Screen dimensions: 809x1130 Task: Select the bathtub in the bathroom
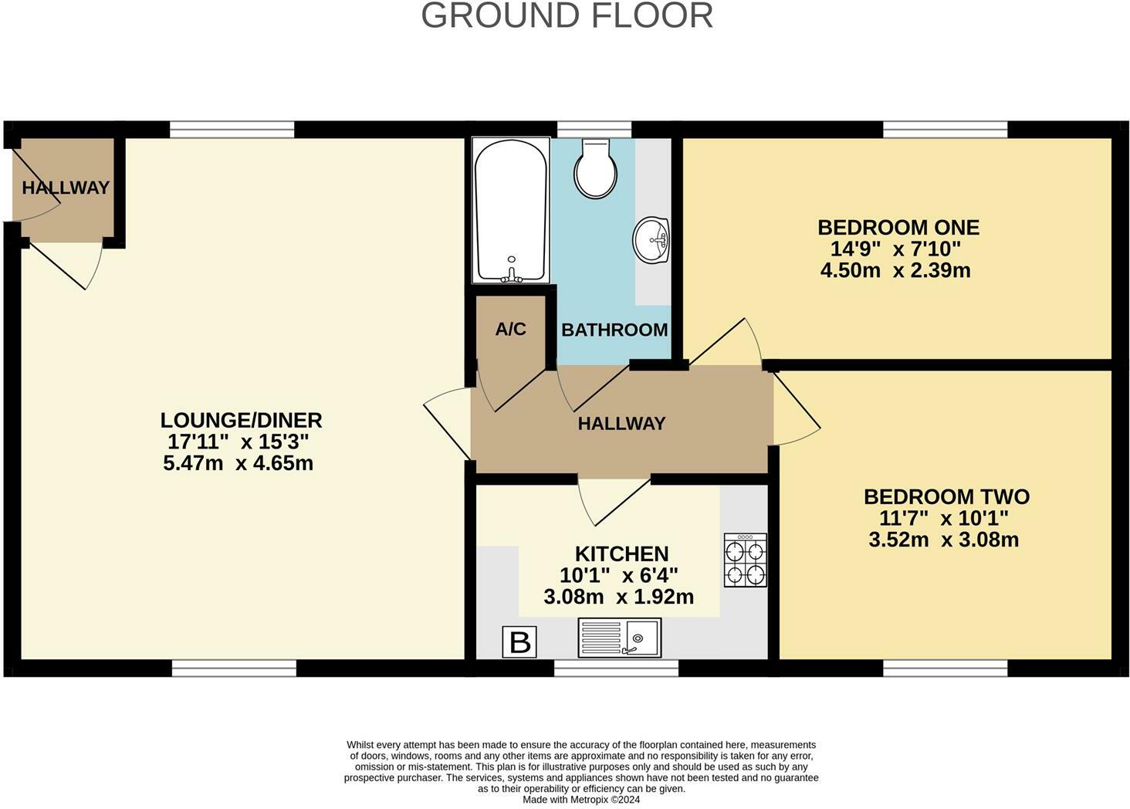point(511,211)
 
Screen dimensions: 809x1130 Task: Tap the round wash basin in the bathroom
point(651,239)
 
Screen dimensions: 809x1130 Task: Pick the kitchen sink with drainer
point(619,638)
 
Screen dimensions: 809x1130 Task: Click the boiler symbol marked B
point(519,641)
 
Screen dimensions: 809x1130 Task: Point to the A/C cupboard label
point(510,330)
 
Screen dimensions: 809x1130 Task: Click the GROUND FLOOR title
point(567,16)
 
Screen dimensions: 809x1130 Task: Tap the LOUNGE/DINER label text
point(241,421)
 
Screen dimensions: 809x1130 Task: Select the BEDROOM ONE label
point(898,228)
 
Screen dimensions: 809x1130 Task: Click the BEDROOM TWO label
point(946,496)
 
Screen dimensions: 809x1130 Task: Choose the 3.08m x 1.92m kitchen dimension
point(618,597)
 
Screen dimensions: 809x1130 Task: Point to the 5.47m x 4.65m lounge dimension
point(238,464)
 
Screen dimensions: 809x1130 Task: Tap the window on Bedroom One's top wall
point(945,129)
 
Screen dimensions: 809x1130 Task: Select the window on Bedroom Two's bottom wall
point(945,669)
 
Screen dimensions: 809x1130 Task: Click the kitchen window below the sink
point(616,669)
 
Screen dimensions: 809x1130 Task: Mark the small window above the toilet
point(594,129)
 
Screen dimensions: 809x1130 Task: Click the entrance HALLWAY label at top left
point(66,188)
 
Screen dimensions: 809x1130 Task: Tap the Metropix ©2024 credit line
point(581,800)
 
